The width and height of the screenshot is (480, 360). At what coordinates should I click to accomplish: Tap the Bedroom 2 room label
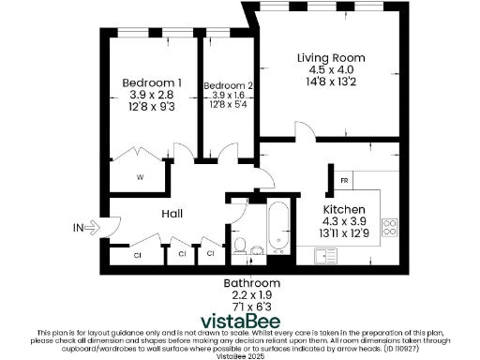click(228, 85)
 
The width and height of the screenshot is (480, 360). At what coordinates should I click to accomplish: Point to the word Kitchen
click(344, 208)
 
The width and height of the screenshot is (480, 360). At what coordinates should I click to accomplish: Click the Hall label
click(172, 214)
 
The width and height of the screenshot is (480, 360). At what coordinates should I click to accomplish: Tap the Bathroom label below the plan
click(250, 283)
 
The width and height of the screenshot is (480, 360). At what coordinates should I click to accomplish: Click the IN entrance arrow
click(90, 227)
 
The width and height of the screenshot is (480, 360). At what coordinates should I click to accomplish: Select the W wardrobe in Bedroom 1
click(140, 176)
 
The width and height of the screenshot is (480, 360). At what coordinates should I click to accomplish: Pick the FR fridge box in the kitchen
click(344, 179)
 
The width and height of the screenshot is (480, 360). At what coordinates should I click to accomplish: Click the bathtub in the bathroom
click(277, 228)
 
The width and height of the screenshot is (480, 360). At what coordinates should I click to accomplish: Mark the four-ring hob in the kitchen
click(391, 228)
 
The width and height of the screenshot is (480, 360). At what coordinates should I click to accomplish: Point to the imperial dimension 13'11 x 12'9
click(344, 231)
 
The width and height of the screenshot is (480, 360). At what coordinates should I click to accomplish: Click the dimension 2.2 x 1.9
click(250, 294)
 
